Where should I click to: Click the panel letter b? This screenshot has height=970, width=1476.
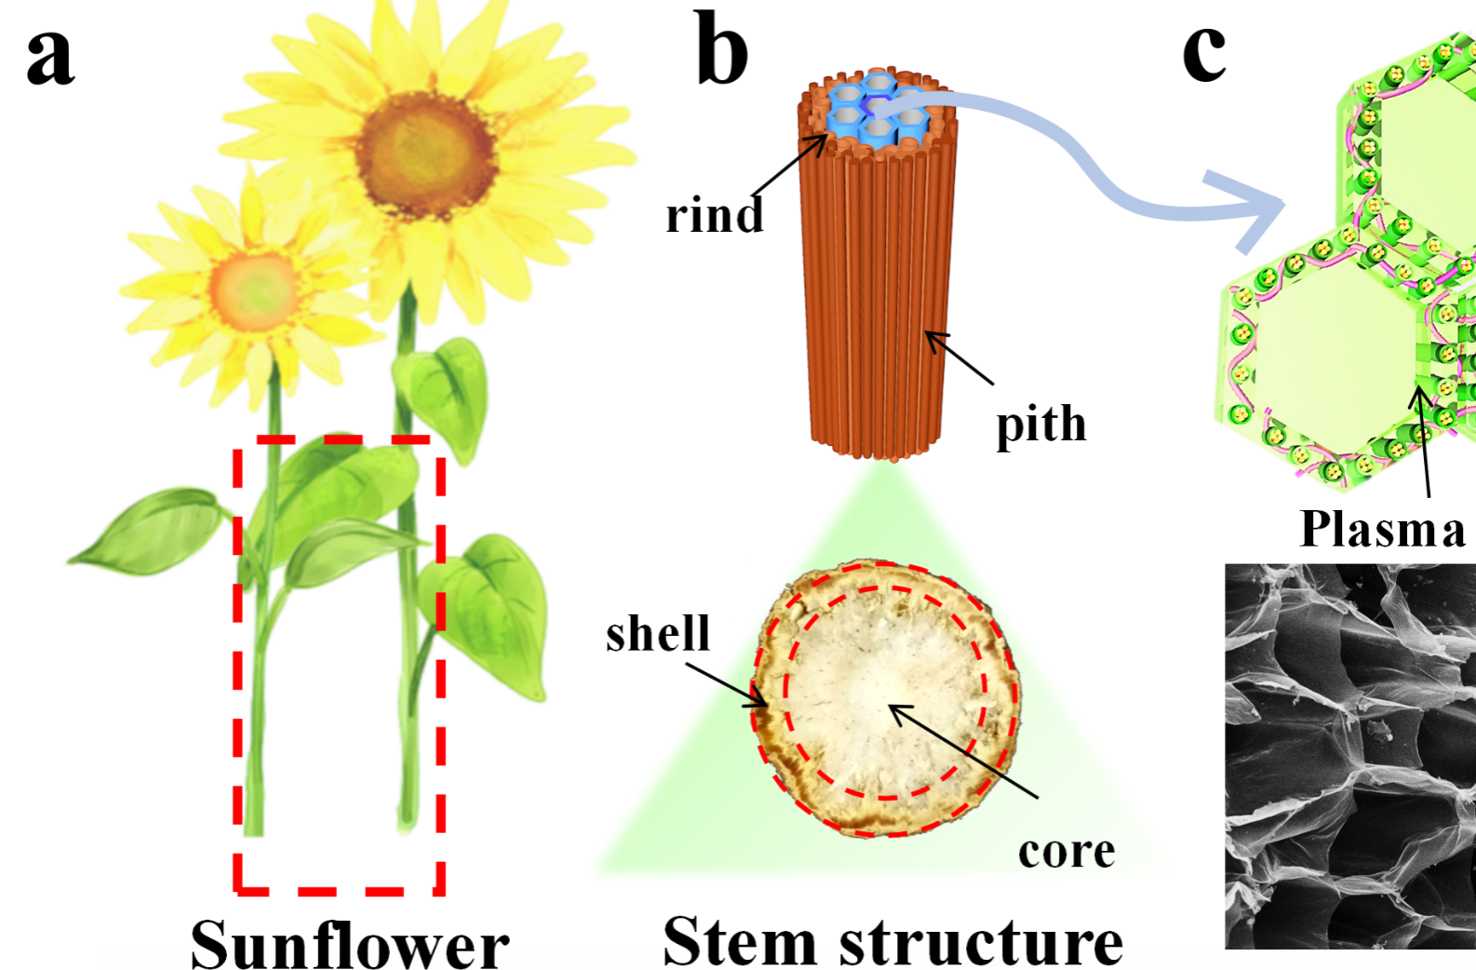[x=722, y=51]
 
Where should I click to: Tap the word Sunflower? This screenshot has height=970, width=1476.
[x=350, y=944]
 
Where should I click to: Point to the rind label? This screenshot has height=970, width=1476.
[x=714, y=216]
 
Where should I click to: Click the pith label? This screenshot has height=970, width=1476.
[x=1040, y=424]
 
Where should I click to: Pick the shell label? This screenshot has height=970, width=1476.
[x=657, y=634]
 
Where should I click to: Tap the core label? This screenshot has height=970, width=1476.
[x=1066, y=851]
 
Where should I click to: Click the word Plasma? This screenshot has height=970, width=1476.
[x=1382, y=529]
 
